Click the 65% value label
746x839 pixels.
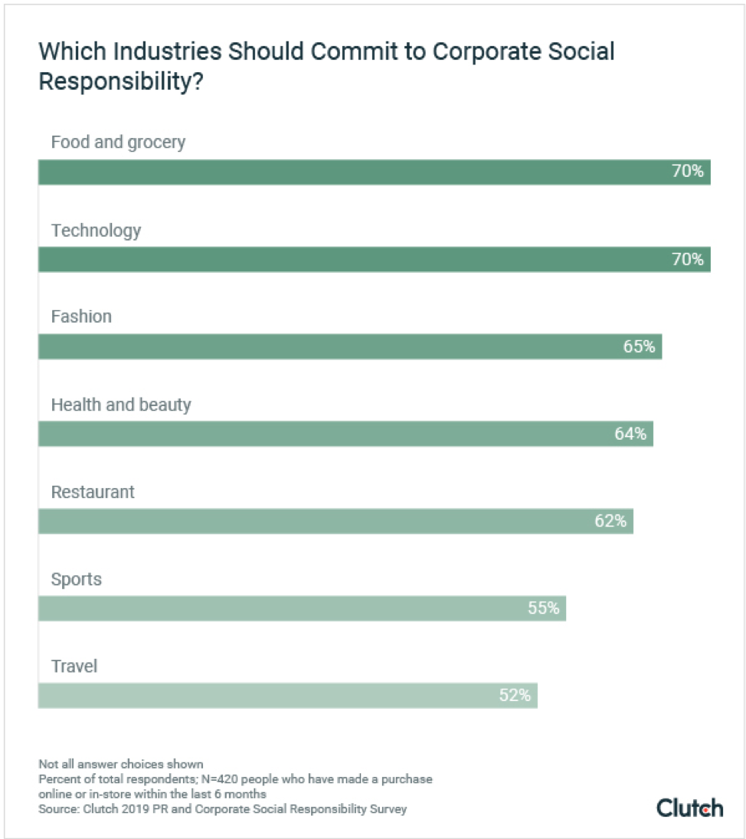tap(639, 347)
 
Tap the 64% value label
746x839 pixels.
tap(630, 434)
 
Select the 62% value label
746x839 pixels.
tap(610, 522)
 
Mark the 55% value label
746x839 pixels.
tap(543, 609)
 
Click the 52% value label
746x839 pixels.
tap(515, 696)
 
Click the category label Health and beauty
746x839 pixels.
tap(121, 405)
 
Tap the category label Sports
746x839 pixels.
tap(77, 579)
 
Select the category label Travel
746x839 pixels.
tap(74, 667)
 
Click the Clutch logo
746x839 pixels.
tap(689, 808)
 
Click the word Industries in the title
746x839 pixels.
tap(152, 52)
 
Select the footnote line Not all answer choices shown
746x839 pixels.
tap(120, 764)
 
